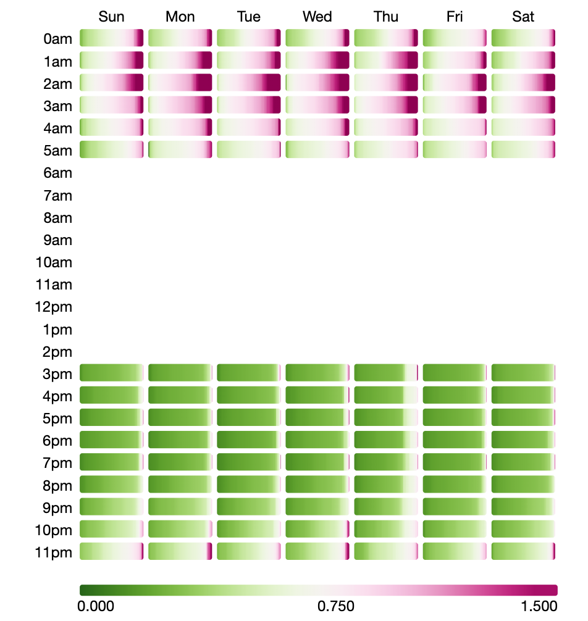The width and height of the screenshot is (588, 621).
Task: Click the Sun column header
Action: tap(111, 17)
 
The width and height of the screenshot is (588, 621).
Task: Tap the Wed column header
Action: tap(317, 17)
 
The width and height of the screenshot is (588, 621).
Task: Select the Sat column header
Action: tap(523, 17)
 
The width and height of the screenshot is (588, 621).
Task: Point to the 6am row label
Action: tap(58, 173)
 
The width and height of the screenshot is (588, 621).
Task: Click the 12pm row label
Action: tap(54, 307)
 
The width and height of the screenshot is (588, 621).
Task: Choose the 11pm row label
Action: tap(54, 552)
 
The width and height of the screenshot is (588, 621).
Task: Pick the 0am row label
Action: tap(58, 40)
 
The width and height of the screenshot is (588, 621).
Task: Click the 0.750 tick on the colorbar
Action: tap(336, 606)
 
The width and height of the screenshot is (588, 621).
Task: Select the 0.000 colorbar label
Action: tap(96, 606)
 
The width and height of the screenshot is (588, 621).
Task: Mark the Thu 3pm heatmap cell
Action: tap(386, 373)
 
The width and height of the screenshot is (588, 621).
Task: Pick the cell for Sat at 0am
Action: tap(524, 38)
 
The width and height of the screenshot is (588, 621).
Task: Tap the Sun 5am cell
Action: tap(112, 150)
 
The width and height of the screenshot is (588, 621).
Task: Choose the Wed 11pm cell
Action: tap(317, 551)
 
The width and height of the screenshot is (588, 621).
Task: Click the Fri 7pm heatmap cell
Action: tap(455, 462)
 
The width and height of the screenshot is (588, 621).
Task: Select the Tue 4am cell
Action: tap(249, 128)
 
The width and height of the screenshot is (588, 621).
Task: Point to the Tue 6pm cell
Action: tap(249, 440)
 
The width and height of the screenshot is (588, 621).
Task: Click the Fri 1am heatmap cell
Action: tap(455, 60)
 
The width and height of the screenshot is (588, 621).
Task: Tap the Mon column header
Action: tap(180, 17)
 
